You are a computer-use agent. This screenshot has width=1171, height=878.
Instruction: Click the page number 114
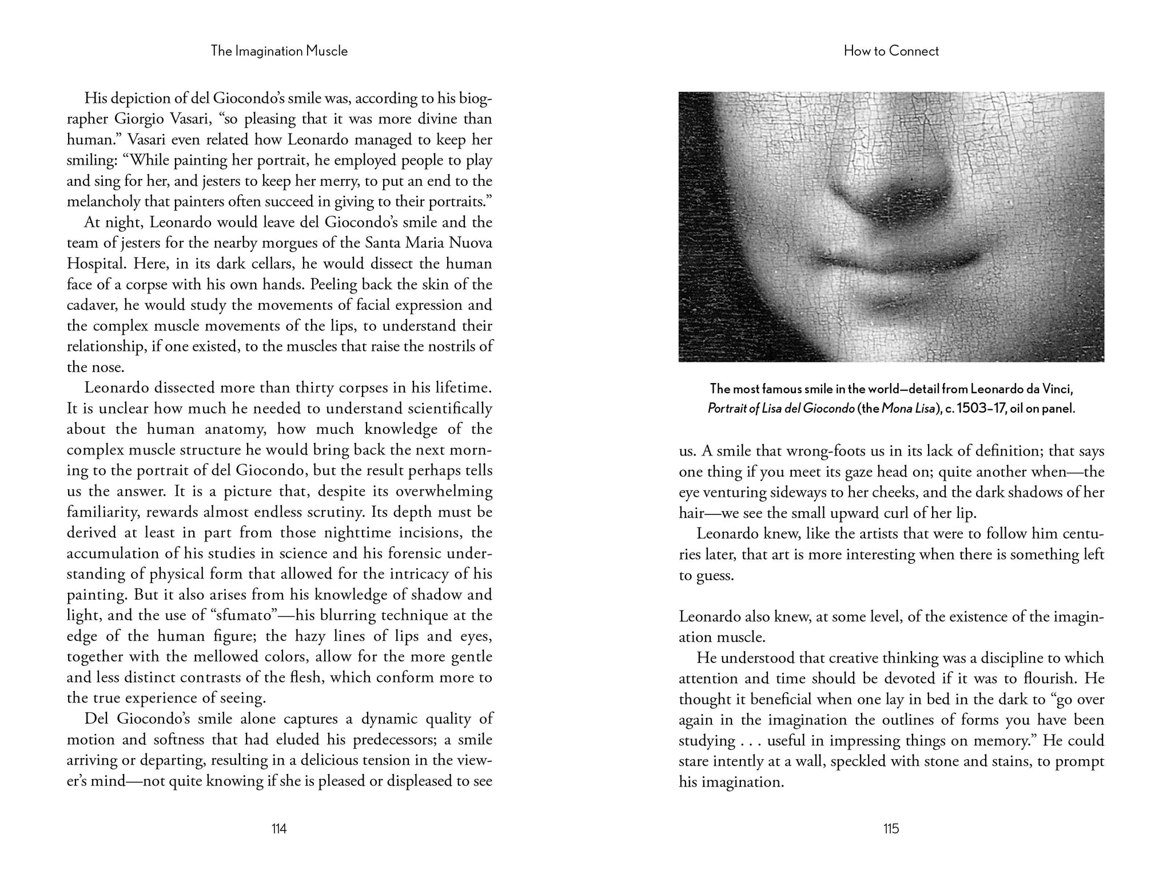[x=278, y=828]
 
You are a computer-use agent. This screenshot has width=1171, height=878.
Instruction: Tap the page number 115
[x=891, y=828]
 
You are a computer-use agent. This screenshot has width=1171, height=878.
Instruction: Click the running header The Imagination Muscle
[x=279, y=51]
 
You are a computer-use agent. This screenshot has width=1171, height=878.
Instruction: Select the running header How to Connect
[x=891, y=51]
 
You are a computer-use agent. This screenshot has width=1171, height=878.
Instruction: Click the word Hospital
[x=95, y=264]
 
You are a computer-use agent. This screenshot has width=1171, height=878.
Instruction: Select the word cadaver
[x=91, y=305]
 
